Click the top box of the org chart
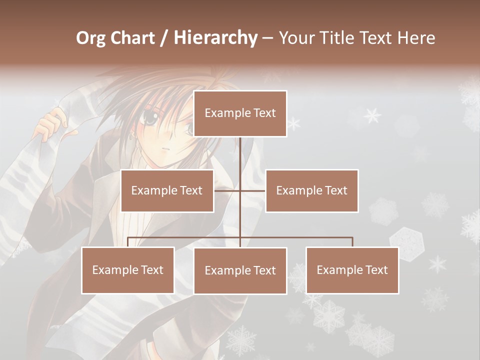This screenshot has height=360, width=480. click(x=240, y=113)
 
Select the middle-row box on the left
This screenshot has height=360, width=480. click(x=167, y=190)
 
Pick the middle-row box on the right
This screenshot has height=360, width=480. click(x=311, y=190)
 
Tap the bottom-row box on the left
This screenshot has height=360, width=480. click(x=128, y=270)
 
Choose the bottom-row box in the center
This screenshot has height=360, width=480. click(x=240, y=270)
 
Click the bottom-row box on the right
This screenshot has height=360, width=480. click(x=352, y=270)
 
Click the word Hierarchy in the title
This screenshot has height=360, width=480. click(x=215, y=37)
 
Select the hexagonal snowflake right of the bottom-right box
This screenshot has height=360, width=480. click(x=406, y=240)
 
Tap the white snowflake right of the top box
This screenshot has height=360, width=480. click(x=372, y=115)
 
